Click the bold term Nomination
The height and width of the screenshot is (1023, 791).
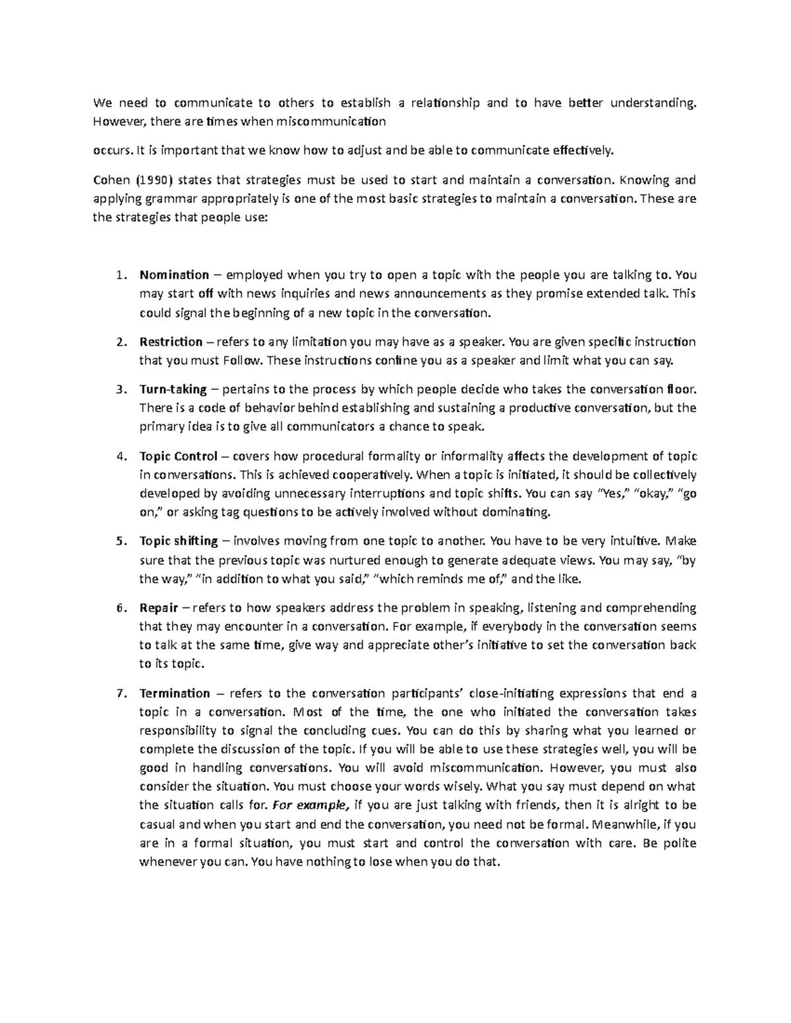point(173,275)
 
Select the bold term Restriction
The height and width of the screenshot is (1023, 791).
point(171,341)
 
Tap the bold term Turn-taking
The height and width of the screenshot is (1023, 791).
point(173,389)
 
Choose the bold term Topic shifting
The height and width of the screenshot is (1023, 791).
point(178,541)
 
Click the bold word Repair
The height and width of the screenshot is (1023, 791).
point(158,607)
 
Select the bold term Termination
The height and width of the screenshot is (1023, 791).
point(174,693)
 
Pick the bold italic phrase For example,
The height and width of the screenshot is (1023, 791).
point(309,805)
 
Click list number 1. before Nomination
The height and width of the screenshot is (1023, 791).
point(119,275)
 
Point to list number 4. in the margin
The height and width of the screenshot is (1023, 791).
point(119,456)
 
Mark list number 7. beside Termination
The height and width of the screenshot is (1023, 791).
point(119,693)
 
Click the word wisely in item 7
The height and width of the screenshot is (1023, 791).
point(465,787)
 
